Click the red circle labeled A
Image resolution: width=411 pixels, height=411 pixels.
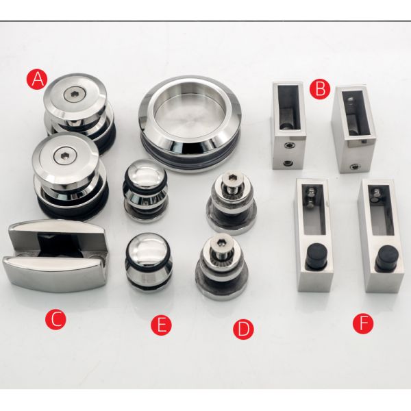[38, 79]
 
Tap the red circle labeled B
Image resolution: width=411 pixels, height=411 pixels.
[320, 89]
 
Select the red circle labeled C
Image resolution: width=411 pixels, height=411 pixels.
[55, 319]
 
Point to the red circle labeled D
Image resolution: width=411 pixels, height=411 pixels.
[243, 329]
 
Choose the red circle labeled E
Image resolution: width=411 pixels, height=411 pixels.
[161, 325]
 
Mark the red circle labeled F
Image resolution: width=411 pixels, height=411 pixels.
[363, 323]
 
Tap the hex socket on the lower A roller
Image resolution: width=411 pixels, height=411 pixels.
[63, 157]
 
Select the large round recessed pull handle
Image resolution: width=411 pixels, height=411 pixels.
[190, 123]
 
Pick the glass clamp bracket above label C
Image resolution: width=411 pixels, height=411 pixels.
[55, 255]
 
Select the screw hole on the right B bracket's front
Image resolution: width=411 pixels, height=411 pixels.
[355, 166]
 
